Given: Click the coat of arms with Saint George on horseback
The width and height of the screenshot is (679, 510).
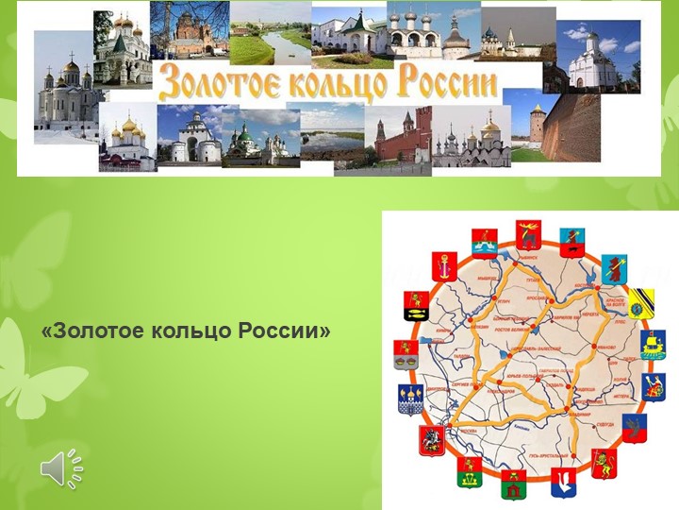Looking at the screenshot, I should point(431,439).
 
